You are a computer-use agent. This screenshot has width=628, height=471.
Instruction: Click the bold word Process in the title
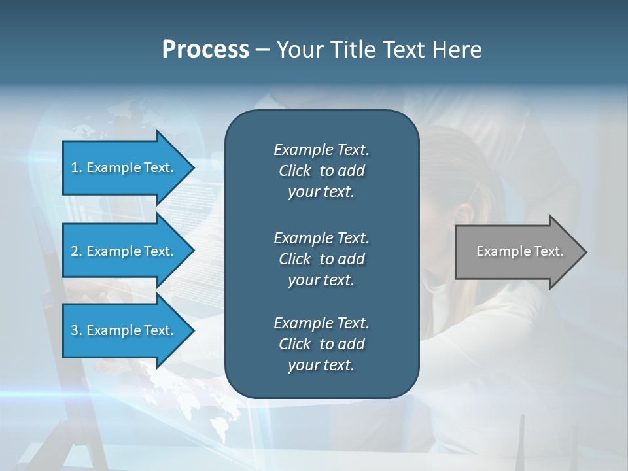(x=205, y=50)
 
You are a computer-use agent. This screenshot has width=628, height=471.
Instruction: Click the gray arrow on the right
(x=519, y=252)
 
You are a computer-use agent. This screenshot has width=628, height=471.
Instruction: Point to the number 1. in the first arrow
(x=77, y=167)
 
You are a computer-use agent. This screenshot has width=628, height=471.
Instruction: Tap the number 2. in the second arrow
(x=77, y=251)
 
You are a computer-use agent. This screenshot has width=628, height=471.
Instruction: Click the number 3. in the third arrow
(x=77, y=330)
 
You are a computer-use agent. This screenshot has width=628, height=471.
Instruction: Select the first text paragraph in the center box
(x=321, y=171)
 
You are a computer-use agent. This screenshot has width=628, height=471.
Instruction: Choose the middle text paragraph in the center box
(x=321, y=259)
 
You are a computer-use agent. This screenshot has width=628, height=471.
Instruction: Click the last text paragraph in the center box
(x=321, y=344)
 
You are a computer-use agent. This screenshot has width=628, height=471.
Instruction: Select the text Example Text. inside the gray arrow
(x=519, y=251)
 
